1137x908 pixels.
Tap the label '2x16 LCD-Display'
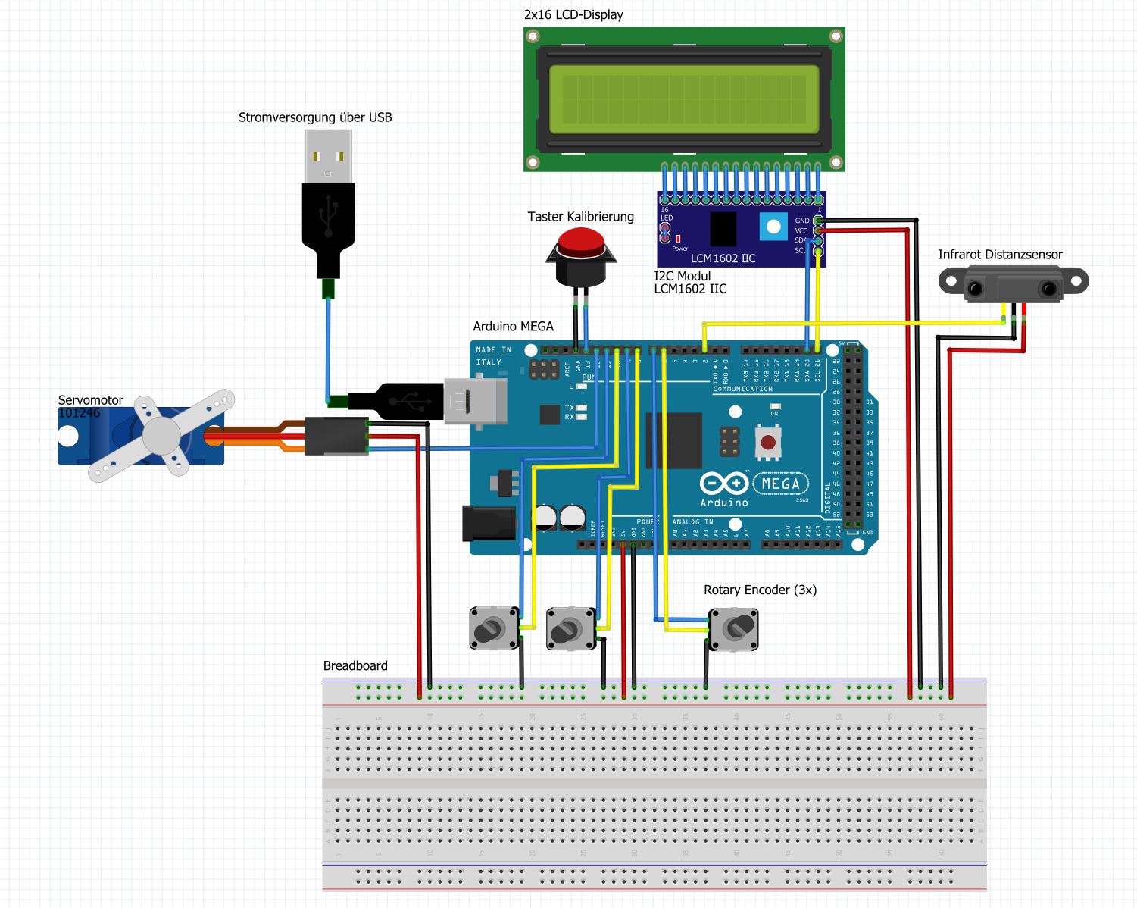573,14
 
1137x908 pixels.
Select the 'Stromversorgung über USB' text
315,117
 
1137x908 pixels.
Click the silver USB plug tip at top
328,156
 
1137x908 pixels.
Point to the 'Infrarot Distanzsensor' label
1000,255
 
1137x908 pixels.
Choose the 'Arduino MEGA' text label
513,327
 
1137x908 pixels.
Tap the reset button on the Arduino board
768,442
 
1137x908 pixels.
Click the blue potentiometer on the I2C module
773,227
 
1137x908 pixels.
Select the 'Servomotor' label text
90,400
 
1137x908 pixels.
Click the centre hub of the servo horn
161,435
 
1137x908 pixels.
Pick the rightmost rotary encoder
733,628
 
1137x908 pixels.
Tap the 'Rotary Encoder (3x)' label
760,590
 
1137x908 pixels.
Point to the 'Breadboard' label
355,665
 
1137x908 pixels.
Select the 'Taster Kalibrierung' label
580,217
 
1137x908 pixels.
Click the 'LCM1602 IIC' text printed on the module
723,258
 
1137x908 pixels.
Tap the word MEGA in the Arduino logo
780,484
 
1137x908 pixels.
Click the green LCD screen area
683,99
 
